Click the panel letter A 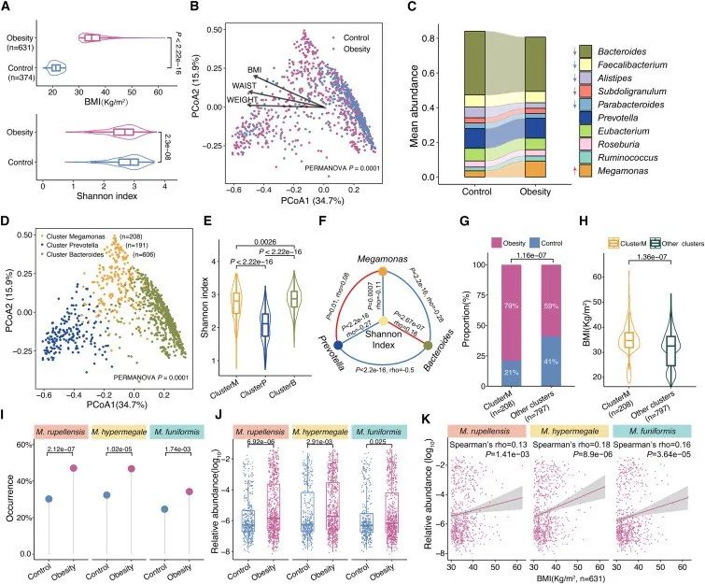7,9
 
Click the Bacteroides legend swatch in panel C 585,50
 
